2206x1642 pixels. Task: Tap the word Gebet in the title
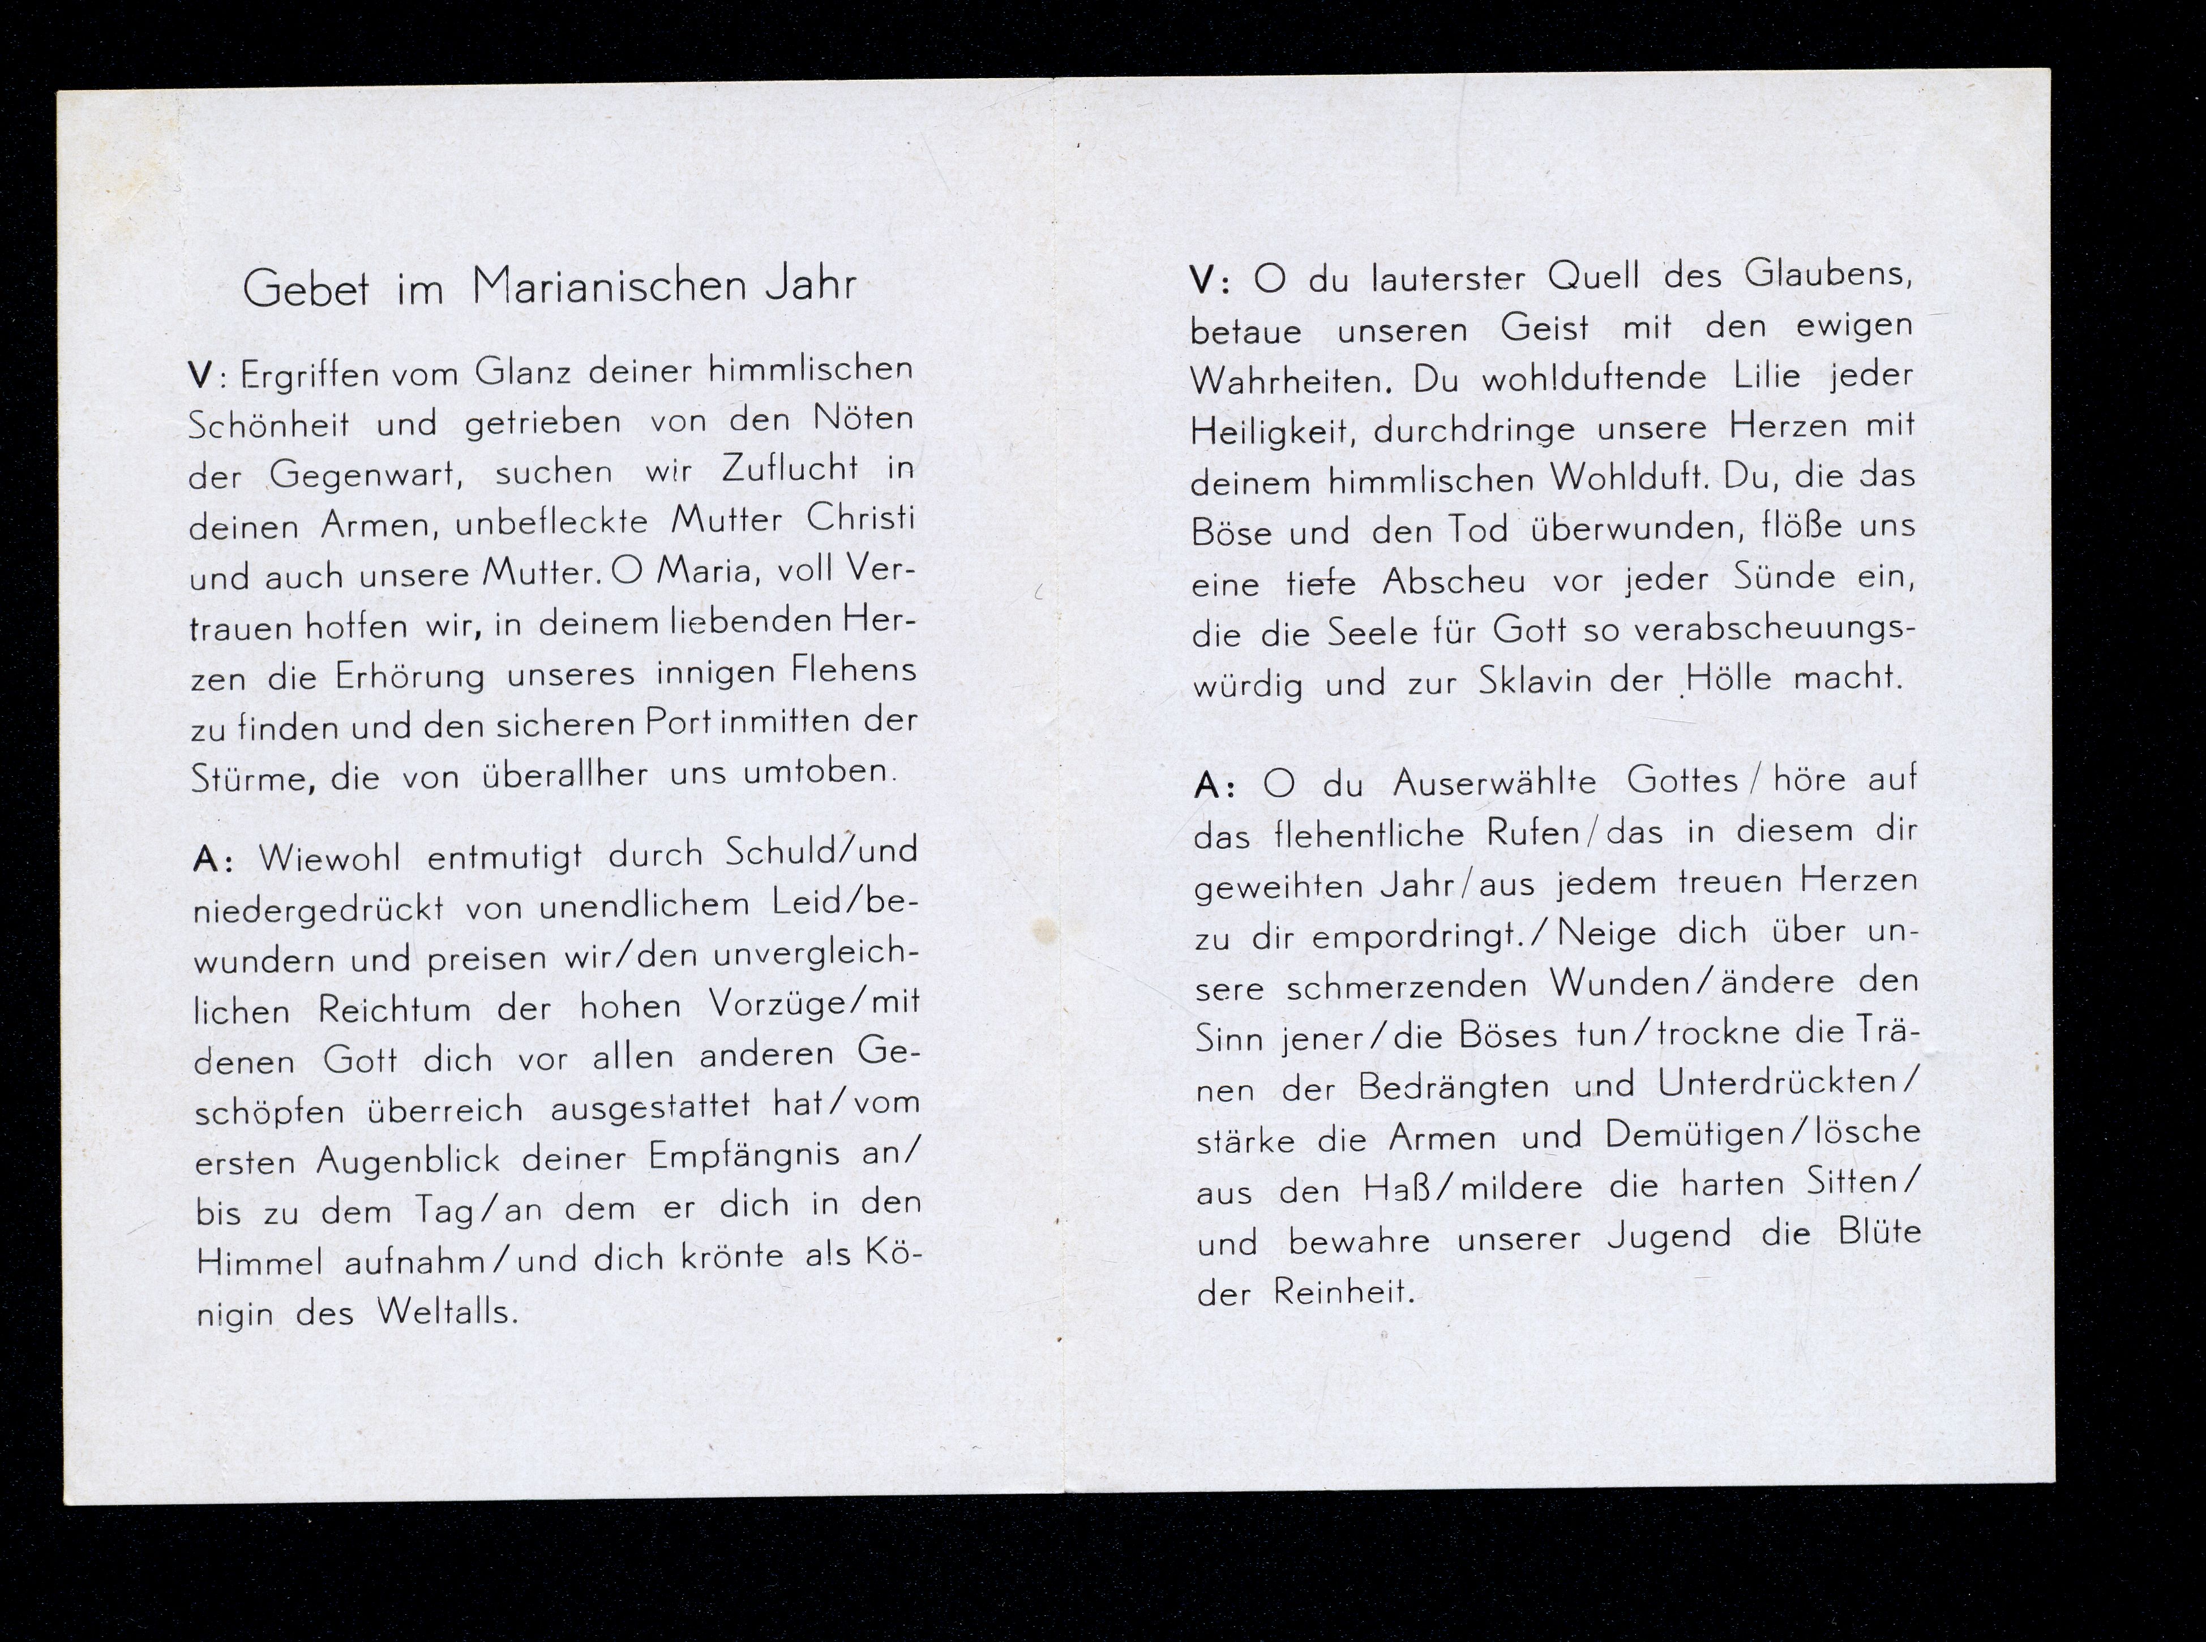[305, 289]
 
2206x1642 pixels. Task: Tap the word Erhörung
[410, 677]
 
